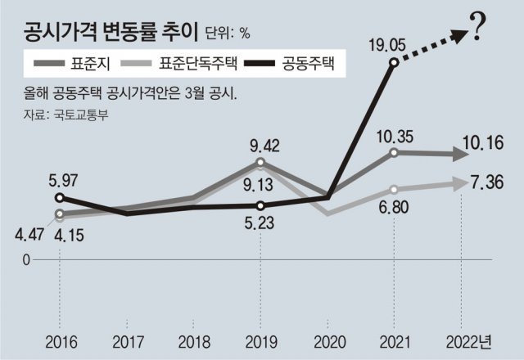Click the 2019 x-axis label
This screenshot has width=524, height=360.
[260, 340]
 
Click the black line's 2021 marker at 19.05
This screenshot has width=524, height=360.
[394, 62]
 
